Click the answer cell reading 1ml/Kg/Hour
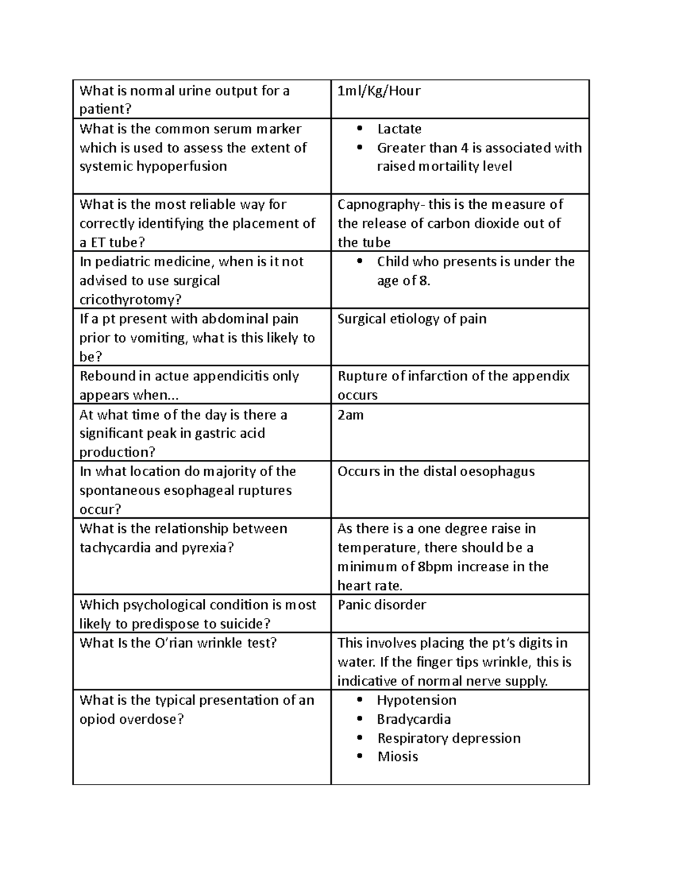(x=379, y=91)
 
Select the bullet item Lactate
(x=399, y=129)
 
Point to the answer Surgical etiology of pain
(x=412, y=319)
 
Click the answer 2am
(x=350, y=415)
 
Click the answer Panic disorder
(x=381, y=605)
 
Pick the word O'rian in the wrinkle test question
(x=173, y=643)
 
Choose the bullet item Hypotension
(x=416, y=701)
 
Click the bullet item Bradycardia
(x=413, y=720)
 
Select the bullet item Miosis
(x=398, y=757)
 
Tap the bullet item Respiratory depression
(x=448, y=738)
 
